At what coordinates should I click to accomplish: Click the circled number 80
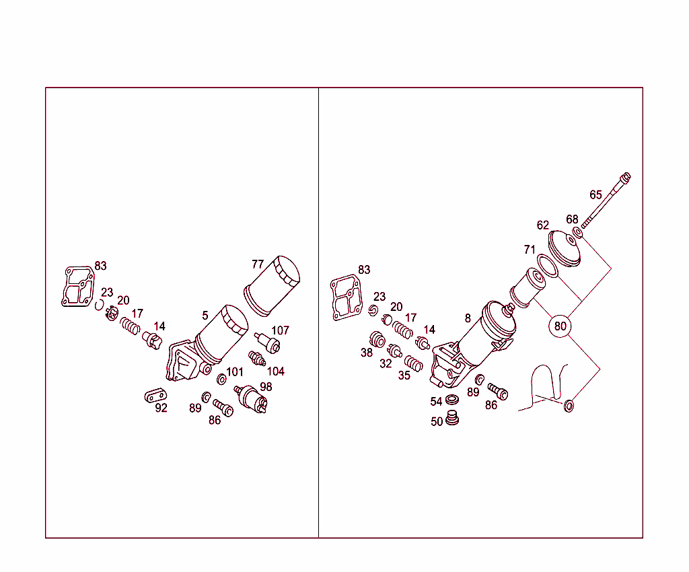560,326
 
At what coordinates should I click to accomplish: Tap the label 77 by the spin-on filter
258,264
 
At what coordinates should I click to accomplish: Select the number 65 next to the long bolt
596,194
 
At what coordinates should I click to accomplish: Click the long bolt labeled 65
606,201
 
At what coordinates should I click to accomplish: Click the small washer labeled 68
577,232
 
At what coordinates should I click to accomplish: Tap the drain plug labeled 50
452,418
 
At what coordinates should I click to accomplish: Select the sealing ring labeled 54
452,400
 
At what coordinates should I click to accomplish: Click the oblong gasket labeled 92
155,396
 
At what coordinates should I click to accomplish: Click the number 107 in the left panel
281,330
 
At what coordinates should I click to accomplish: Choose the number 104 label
275,371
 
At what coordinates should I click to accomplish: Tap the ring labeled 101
222,379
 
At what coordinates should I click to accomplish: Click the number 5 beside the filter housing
205,316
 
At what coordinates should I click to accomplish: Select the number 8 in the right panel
468,318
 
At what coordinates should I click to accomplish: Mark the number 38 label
367,353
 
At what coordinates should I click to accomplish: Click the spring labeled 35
414,363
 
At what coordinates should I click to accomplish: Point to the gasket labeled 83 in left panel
78,286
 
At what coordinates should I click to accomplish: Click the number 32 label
386,364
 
